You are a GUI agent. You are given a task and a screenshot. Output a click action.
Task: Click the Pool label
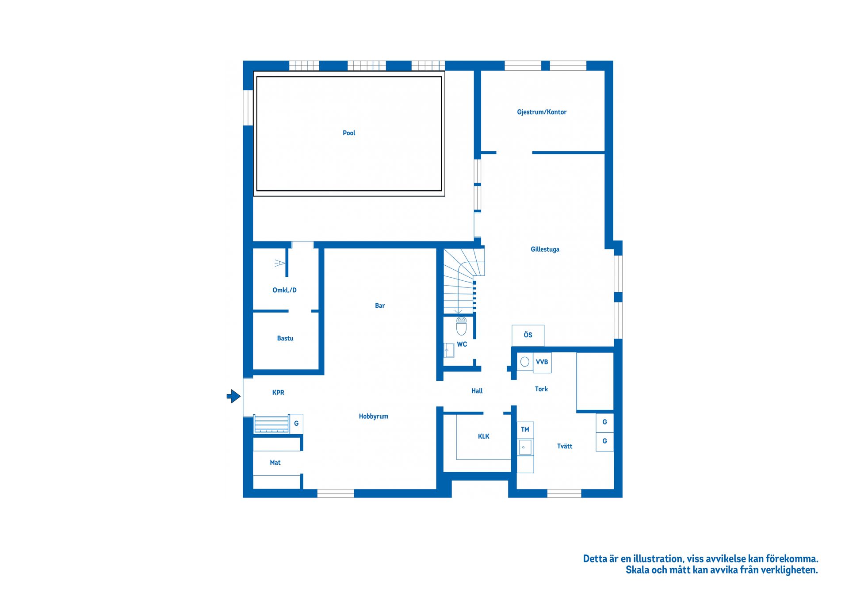(349, 133)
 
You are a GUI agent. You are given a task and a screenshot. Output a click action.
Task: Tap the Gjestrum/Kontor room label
(542, 112)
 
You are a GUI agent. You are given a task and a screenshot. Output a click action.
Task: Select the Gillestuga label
(545, 249)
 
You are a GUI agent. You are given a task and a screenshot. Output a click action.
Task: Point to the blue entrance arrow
(233, 396)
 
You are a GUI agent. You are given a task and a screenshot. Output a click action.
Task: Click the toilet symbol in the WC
(461, 326)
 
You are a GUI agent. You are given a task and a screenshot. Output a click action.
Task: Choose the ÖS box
(528, 335)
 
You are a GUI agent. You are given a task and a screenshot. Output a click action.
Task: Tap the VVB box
(542, 362)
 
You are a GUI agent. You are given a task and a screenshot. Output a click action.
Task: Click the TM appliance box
(525, 429)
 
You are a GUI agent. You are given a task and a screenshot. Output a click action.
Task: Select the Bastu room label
(285, 338)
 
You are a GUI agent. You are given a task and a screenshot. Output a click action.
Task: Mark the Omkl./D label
(284, 290)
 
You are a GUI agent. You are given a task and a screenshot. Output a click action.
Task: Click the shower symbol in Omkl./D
(279, 263)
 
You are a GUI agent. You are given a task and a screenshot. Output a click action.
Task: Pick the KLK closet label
(483, 436)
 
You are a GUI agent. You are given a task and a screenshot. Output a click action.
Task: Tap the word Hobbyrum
(373, 417)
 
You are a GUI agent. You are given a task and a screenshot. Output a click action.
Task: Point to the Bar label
(380, 306)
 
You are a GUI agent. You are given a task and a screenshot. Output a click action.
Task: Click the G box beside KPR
(296, 424)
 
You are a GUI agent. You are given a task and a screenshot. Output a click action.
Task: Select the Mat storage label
(275, 462)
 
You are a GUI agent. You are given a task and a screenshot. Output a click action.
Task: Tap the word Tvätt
(565, 447)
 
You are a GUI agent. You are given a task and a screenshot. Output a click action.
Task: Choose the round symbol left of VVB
(525, 362)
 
